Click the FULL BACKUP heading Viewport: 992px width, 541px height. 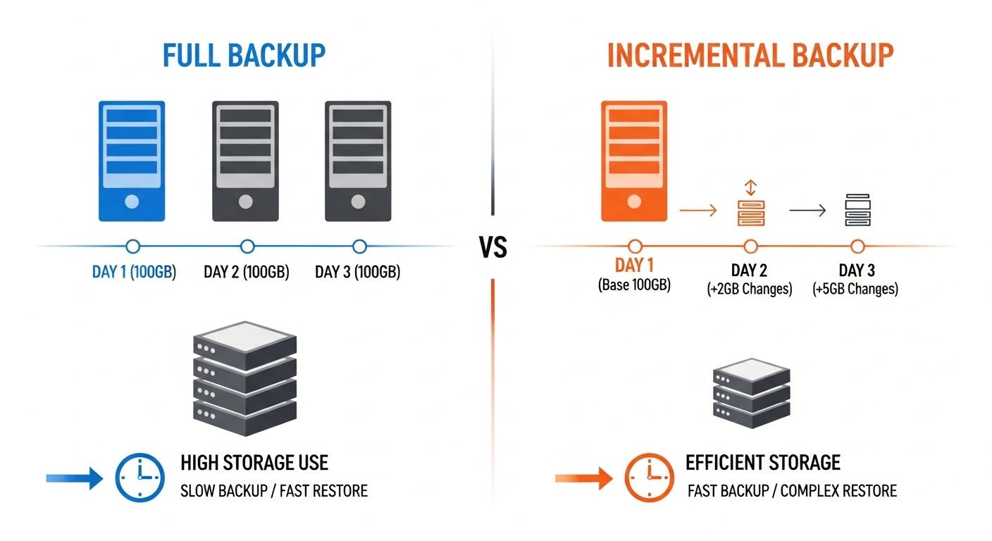244,56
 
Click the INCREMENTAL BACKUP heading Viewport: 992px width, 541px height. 750,56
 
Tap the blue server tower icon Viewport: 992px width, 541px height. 132,161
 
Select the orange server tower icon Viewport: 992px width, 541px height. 634,161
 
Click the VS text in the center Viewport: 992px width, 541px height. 493,248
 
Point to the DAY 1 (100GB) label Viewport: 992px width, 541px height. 134,272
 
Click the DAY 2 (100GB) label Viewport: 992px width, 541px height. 247,272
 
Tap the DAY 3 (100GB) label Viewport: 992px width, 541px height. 358,272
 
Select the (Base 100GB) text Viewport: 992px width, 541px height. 634,286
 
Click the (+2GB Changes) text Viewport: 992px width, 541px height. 750,289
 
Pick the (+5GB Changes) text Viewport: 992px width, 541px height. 856,289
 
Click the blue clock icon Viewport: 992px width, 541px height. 139,478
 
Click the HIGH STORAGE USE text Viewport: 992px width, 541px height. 254,463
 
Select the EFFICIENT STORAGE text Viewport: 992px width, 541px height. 763,463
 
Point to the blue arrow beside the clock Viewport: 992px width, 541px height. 74,478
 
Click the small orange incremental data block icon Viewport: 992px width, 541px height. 750,212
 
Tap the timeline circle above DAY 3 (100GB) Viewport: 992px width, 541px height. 359,247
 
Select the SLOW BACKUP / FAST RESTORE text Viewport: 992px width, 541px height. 274,490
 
